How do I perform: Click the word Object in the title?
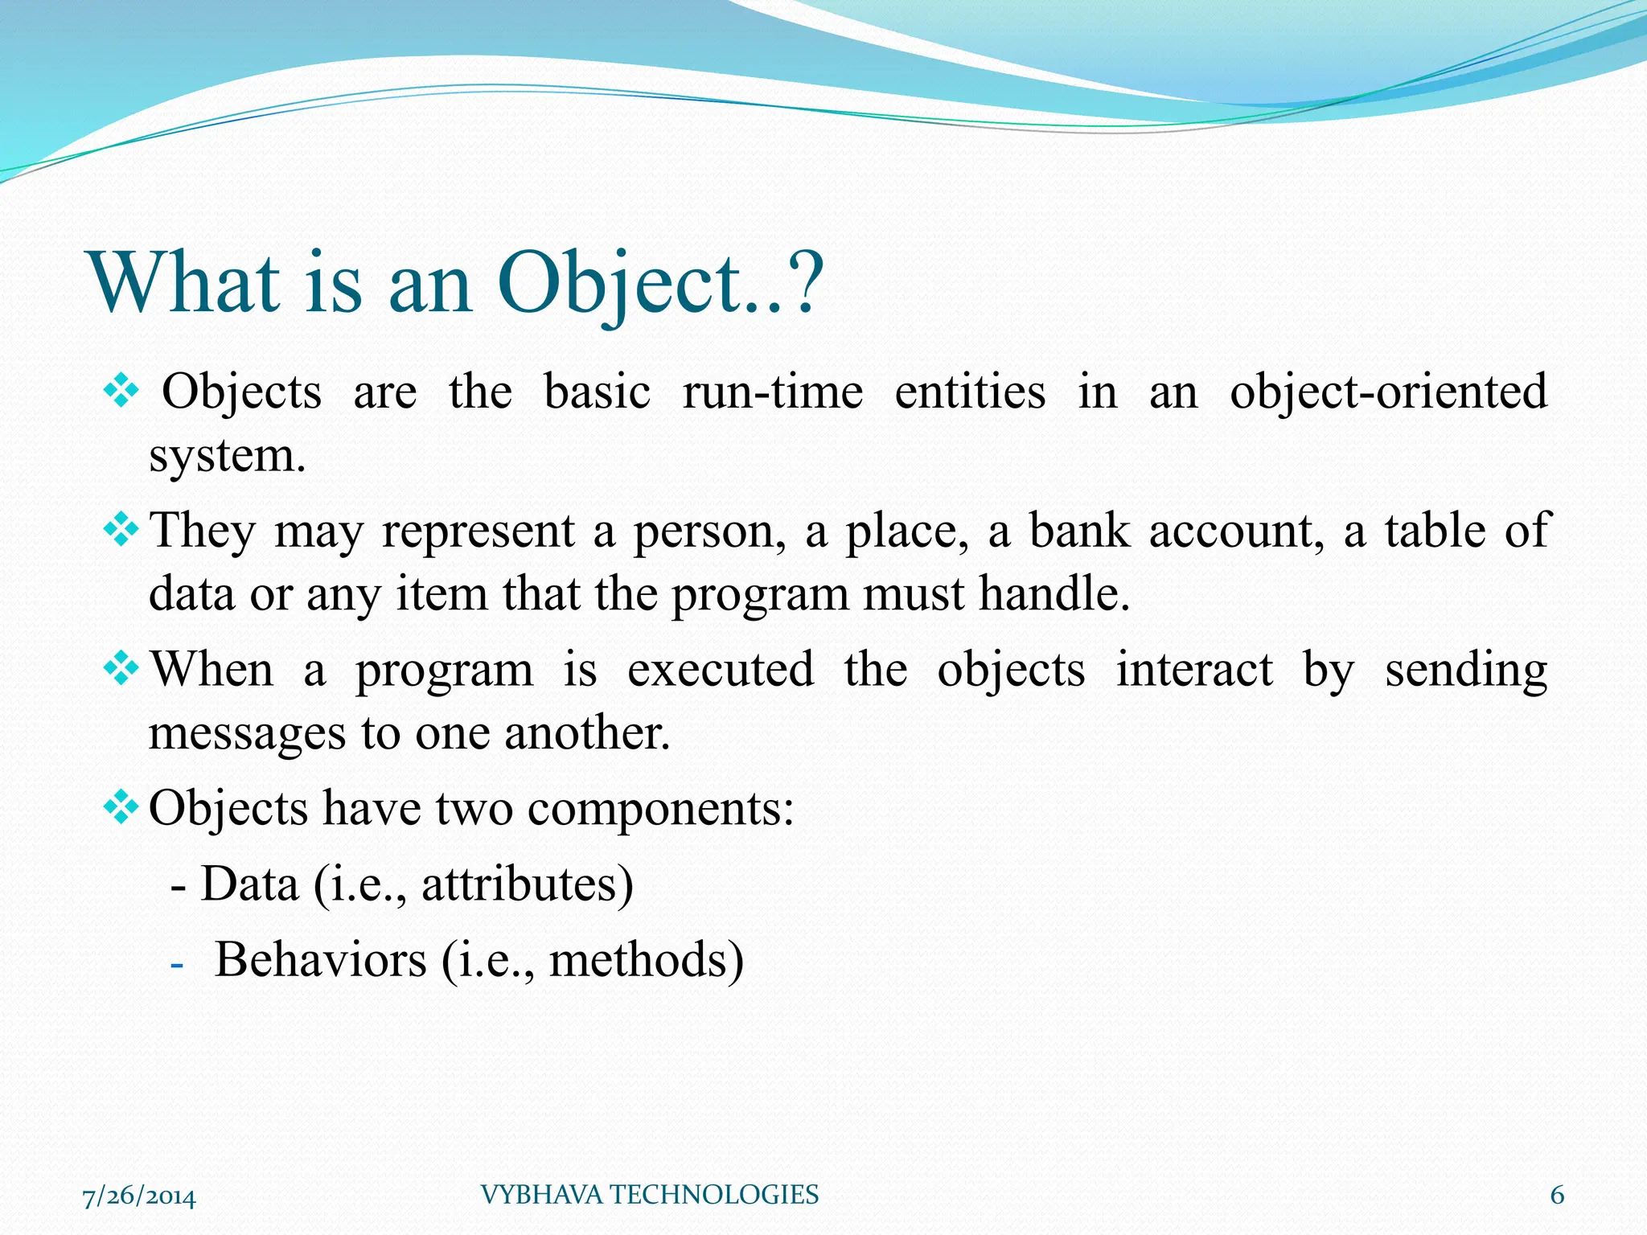(621, 283)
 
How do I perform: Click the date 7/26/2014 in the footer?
(139, 1196)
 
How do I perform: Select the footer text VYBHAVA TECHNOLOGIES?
(649, 1195)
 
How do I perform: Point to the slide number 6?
(1557, 1196)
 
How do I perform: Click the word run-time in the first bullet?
(773, 392)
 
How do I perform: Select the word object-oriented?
(1388, 392)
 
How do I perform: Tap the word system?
(228, 457)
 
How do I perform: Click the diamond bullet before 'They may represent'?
(121, 529)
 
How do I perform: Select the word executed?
(720, 669)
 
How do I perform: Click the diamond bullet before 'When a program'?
(121, 668)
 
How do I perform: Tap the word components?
(660, 808)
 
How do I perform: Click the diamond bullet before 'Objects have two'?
(121, 806)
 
